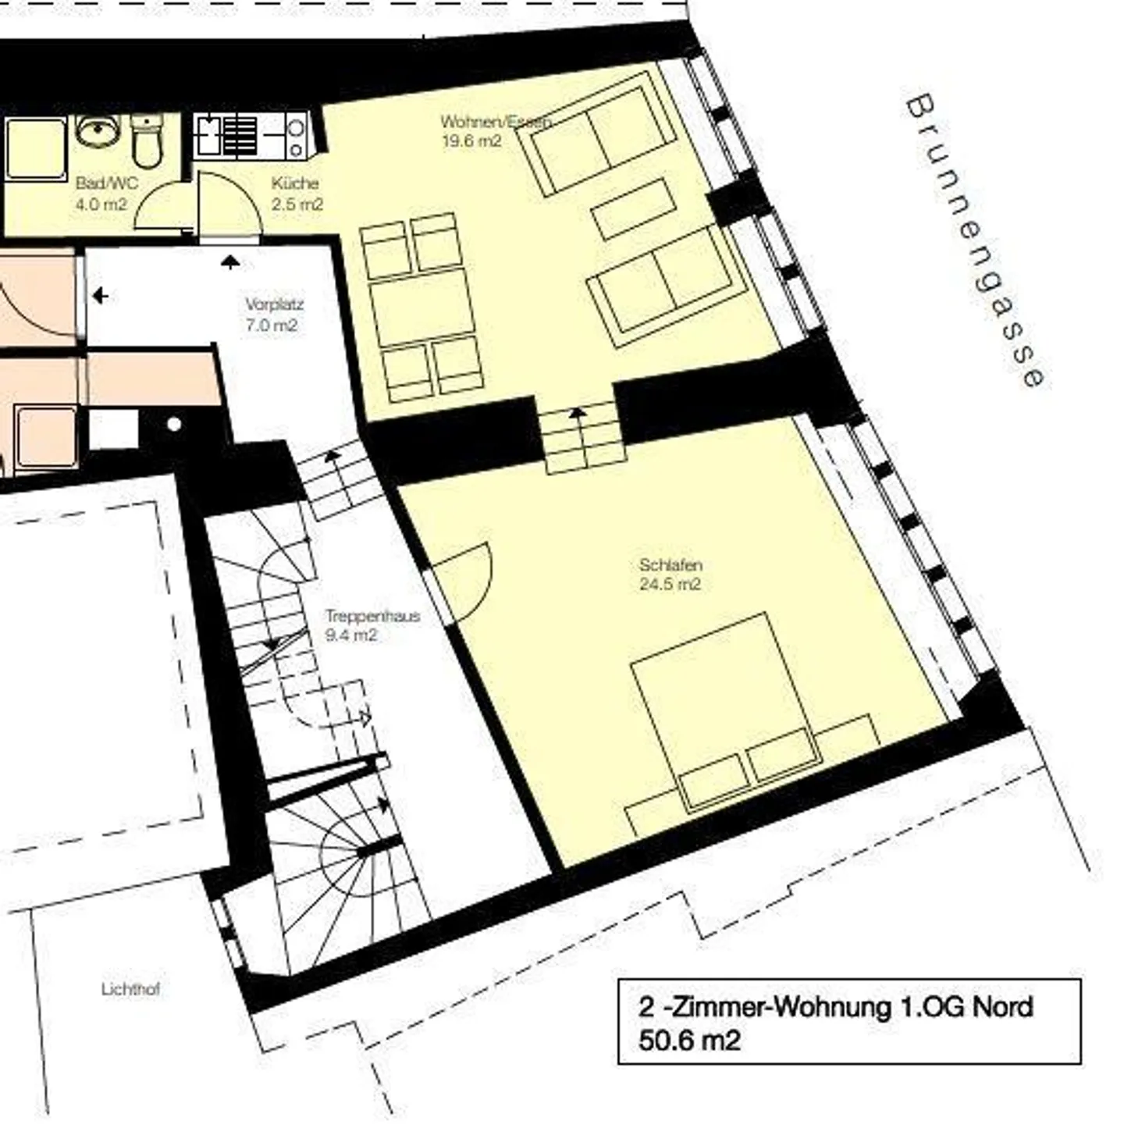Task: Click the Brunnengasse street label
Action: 976,241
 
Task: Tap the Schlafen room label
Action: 670,565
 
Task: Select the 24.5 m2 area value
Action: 670,584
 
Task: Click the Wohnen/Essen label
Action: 496,122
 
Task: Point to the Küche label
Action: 295,183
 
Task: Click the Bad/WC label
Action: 107,183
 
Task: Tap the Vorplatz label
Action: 274,305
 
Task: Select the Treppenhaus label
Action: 373,616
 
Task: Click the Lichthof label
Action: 130,989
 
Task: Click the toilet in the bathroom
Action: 147,139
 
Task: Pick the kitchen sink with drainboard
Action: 226,137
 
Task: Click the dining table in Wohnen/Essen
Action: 422,313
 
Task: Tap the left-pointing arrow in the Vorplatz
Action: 101,296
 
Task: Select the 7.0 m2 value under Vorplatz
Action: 272,325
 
